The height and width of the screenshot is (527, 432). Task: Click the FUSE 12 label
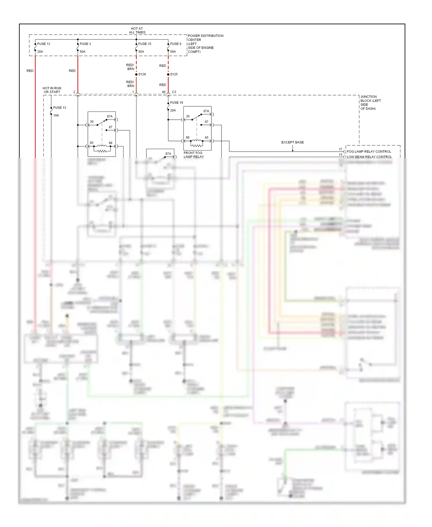pos(43,44)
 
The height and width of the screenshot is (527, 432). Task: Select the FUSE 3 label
pos(85,44)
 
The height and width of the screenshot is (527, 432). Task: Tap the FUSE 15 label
pos(145,44)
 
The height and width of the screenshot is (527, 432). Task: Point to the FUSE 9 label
pos(176,44)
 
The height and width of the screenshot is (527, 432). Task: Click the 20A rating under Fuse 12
pos(40,52)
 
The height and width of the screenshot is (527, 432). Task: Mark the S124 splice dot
pos(137,74)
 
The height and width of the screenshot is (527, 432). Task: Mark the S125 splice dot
pos(168,74)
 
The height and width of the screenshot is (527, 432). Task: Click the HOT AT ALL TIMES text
pos(137,31)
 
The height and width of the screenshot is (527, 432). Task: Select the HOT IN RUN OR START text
pos(52,90)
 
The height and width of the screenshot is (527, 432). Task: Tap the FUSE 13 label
pos(60,108)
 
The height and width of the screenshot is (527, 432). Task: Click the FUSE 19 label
pos(177,103)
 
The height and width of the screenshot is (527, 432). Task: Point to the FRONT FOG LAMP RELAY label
pos(194,155)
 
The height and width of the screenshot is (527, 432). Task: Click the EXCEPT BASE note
pos(292,142)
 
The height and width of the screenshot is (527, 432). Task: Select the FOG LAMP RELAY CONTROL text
pos(369,152)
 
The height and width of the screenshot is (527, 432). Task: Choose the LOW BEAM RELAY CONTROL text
pos(369,157)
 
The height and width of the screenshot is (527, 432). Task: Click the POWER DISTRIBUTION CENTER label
pos(205,38)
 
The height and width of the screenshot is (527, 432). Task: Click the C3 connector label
pos(174,92)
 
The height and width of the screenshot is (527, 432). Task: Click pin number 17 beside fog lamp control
pos(340,149)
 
